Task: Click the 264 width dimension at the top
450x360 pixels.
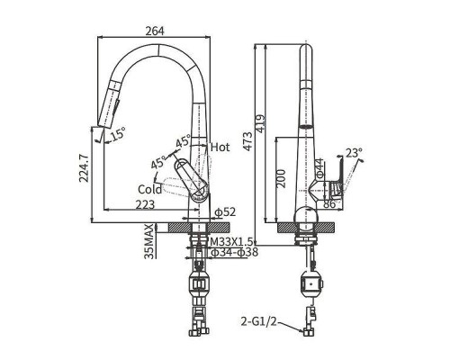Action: click(155, 31)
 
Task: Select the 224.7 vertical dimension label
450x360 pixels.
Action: click(84, 168)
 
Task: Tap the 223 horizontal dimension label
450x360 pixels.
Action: click(145, 204)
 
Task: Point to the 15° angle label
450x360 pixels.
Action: click(118, 134)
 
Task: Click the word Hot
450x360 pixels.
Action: click(220, 147)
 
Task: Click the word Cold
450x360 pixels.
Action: click(149, 189)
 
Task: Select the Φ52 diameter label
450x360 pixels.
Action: click(225, 212)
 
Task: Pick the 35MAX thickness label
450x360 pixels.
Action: click(149, 241)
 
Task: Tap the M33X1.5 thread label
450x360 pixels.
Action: click(232, 241)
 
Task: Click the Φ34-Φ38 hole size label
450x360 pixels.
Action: click(235, 252)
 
